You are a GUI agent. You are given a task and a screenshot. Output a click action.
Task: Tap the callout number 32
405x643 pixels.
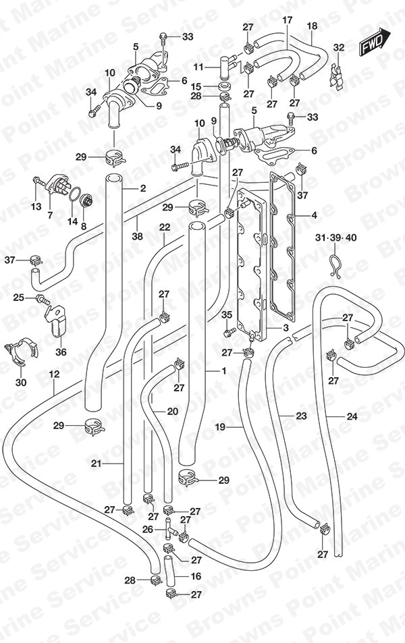pyautogui.click(x=339, y=48)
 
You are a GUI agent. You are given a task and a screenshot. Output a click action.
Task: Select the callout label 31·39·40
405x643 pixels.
pyautogui.click(x=335, y=238)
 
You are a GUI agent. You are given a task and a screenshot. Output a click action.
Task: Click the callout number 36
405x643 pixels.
pyautogui.click(x=61, y=352)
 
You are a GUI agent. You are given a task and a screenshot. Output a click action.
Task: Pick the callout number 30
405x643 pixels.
pyautogui.click(x=21, y=382)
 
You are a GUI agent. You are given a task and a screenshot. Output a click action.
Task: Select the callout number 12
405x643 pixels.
pyautogui.click(x=54, y=374)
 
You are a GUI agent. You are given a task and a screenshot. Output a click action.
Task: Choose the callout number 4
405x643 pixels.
pyautogui.click(x=314, y=215)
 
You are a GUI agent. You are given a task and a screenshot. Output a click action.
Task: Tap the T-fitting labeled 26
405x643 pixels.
pyautogui.click(x=171, y=528)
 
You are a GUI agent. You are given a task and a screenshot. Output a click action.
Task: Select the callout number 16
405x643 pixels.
pyautogui.click(x=196, y=576)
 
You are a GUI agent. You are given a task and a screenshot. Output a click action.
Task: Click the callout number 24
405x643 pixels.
pyautogui.click(x=352, y=417)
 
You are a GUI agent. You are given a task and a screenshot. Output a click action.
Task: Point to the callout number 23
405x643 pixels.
pyautogui.click(x=301, y=416)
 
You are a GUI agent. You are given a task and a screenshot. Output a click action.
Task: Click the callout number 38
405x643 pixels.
pyautogui.click(x=138, y=236)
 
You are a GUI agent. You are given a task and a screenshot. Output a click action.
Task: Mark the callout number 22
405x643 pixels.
pyautogui.click(x=165, y=227)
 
